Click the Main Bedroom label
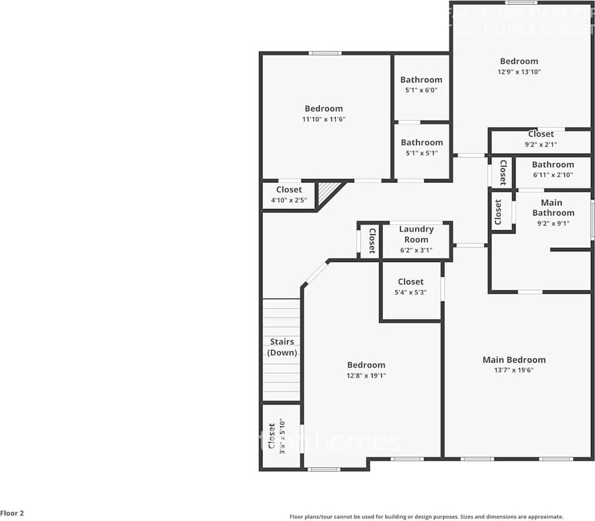point(514,360)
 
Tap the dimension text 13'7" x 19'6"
point(514,370)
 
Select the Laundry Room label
point(416,234)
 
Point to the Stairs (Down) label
point(282,347)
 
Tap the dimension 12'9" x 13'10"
point(519,72)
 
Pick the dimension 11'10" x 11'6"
point(324,119)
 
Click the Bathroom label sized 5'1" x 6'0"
point(421,80)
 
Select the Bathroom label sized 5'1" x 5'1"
point(421,142)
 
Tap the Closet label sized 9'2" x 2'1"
point(540,134)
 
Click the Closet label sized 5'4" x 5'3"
point(410,282)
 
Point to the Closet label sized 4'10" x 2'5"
point(288,190)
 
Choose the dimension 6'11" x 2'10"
point(553,175)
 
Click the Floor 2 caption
point(12,513)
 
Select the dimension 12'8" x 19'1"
point(366,376)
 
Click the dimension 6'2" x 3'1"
point(416,250)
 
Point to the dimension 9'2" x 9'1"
point(553,223)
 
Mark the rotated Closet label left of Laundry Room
point(372,241)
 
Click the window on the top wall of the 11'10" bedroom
point(325,54)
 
